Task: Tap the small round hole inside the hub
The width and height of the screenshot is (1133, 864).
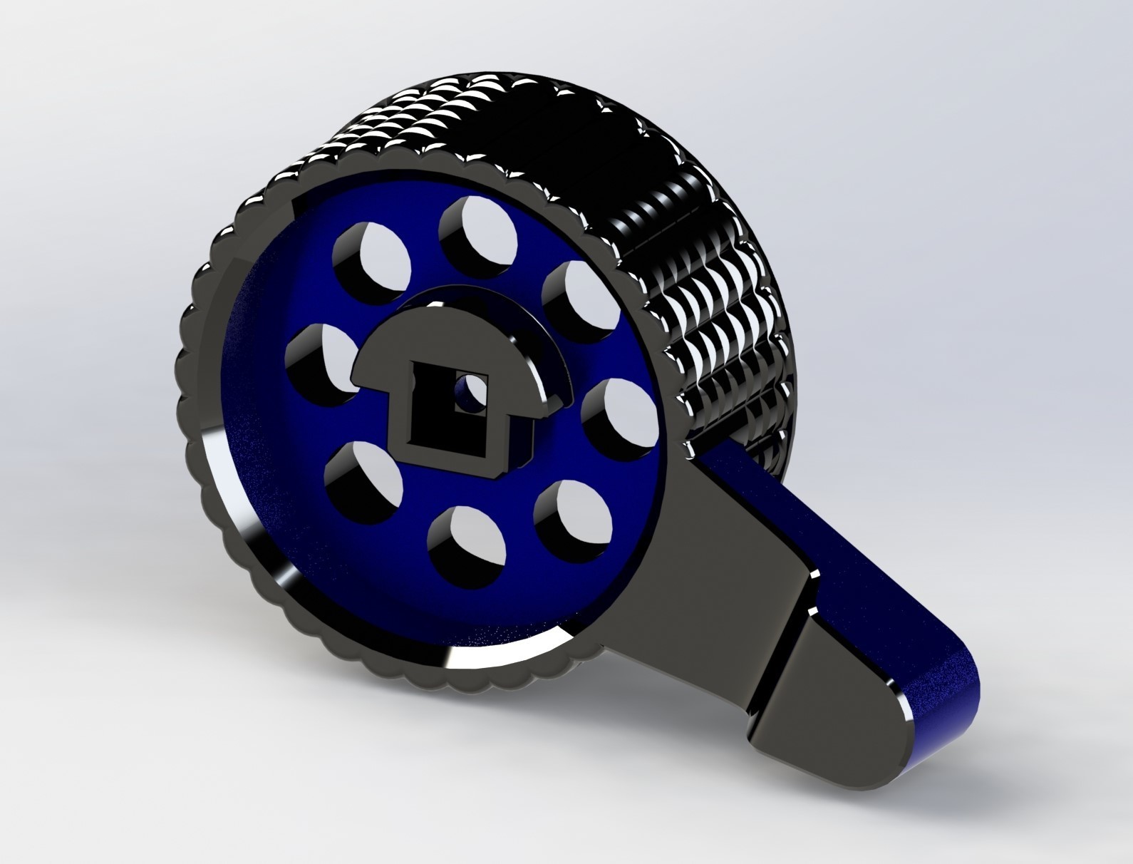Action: (467, 393)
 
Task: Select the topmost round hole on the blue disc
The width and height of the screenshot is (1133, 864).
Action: (477, 230)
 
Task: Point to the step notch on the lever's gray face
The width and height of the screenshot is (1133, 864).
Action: (797, 613)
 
